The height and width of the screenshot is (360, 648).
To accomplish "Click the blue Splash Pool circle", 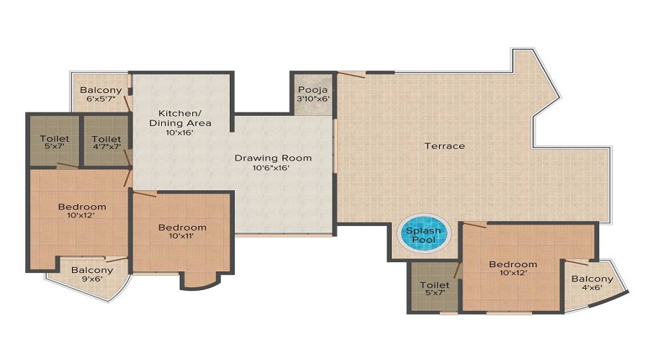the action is (423, 234).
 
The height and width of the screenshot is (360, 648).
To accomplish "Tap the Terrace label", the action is (445, 146).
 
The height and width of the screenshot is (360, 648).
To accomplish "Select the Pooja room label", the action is (313, 90).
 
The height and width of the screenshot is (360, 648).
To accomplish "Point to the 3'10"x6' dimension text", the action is (313, 99).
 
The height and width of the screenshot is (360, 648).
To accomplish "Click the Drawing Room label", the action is (273, 158).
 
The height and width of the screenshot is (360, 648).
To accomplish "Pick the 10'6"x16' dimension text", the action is (271, 168).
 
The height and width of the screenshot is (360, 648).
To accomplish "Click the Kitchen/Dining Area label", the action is (180, 118).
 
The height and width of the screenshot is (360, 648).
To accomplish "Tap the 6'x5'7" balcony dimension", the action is (101, 99).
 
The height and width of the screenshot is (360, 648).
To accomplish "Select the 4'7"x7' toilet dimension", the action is (107, 146).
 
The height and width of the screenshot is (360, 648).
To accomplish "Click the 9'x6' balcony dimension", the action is (92, 279).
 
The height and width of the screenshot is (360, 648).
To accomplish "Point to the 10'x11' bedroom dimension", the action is (182, 236).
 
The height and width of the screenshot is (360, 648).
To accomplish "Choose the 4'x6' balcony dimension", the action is (593, 288).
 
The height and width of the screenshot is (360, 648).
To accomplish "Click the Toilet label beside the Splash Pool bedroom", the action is (434, 285).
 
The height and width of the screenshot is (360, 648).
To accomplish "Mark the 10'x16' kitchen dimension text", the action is (180, 132).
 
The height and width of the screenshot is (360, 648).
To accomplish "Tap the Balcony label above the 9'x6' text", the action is (92, 270).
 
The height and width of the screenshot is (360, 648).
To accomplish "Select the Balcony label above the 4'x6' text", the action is (593, 279).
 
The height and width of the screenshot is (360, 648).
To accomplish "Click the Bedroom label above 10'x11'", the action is (182, 228).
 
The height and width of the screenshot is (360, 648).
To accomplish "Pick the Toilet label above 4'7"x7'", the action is (107, 139).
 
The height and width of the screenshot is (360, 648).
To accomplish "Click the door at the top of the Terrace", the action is (351, 74).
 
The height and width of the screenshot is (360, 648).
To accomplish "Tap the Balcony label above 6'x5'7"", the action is (101, 90).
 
